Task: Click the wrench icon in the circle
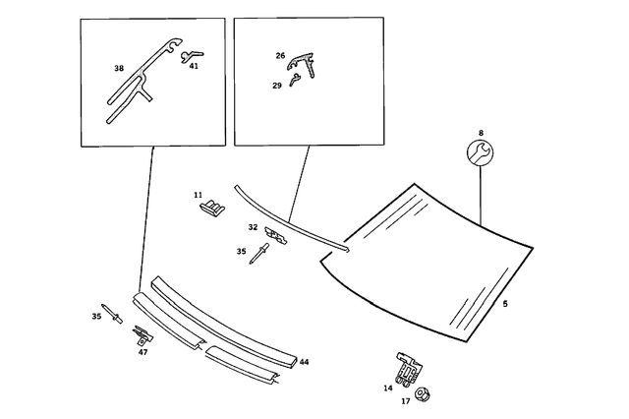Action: (480, 152)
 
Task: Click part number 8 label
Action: (481, 133)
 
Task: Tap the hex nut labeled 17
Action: (422, 394)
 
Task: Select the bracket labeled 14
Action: (410, 370)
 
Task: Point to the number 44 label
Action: (304, 362)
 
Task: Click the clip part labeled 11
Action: (212, 207)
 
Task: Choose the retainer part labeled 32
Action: (276, 235)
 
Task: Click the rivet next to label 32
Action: (258, 253)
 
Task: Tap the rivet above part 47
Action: (112, 314)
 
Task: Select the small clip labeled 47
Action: (143, 335)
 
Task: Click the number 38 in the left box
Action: (119, 68)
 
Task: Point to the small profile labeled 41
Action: (192, 56)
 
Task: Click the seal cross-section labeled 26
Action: (301, 64)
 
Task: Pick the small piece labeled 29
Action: (295, 80)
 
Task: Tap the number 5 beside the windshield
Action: (505, 304)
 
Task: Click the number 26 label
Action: (280, 56)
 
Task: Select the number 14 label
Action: (387, 389)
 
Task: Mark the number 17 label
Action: (406, 401)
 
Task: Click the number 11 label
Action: (198, 195)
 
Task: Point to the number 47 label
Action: (143, 352)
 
